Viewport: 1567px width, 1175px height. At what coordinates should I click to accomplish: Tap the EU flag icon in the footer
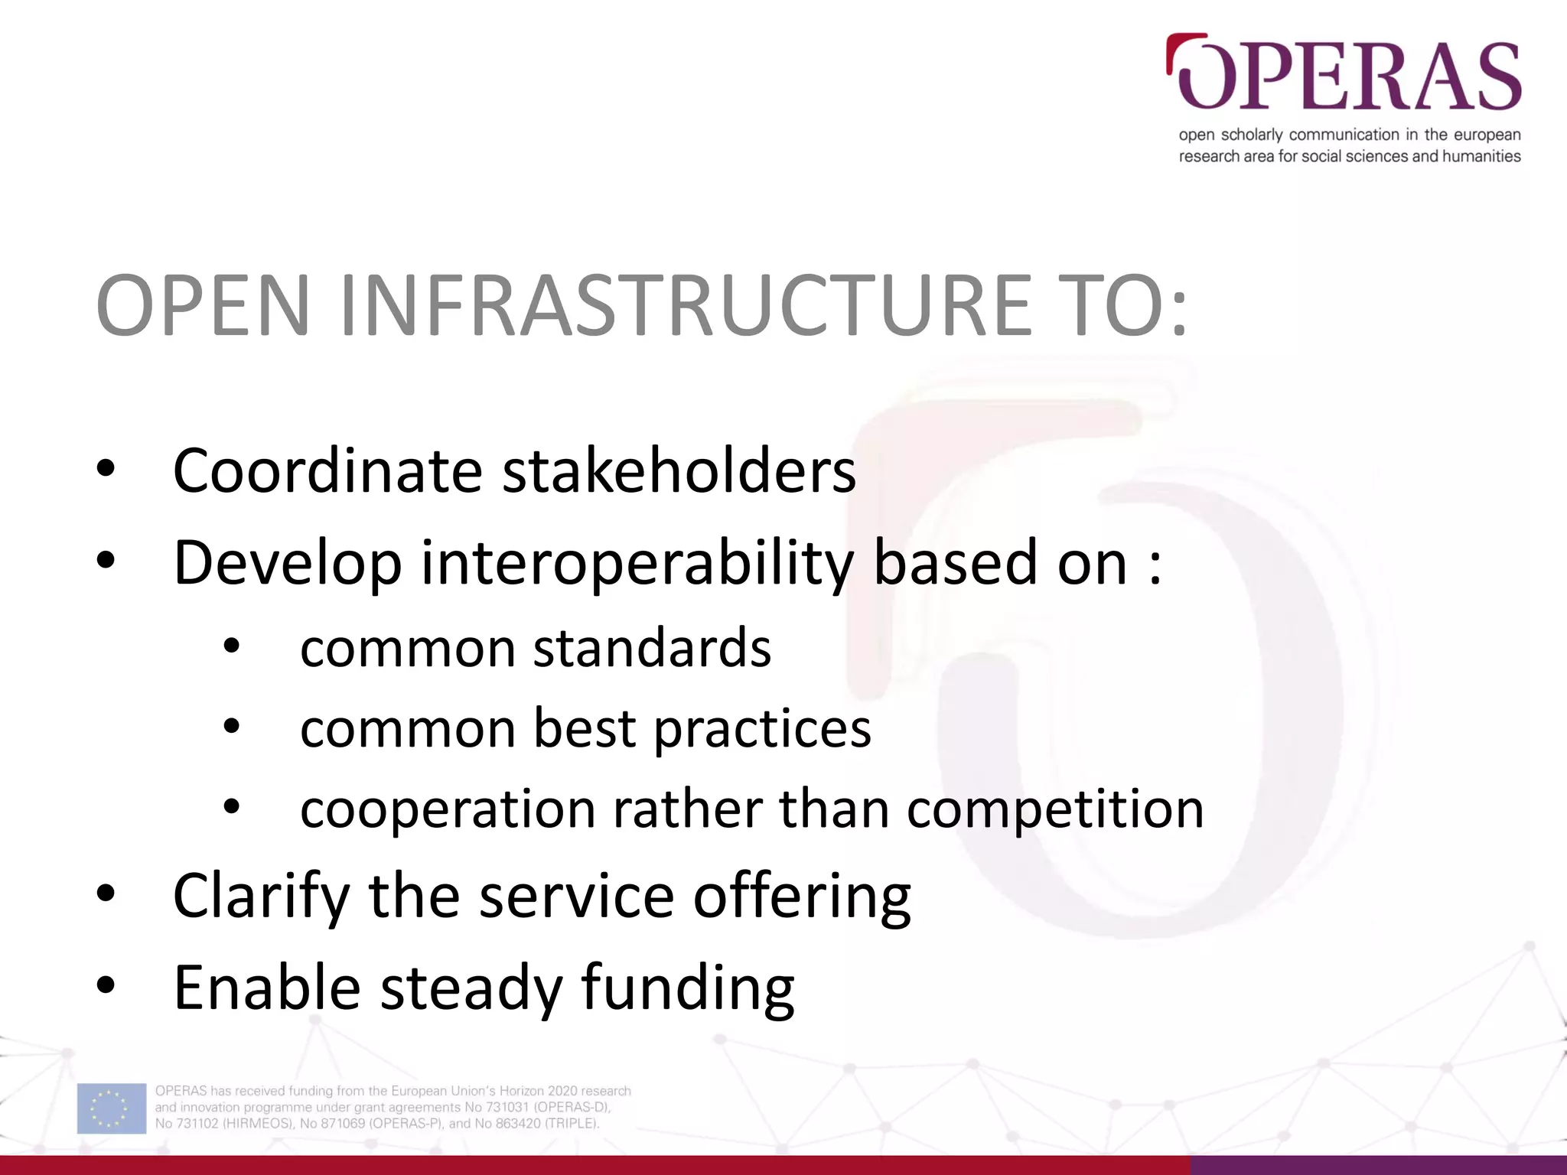tap(112, 1108)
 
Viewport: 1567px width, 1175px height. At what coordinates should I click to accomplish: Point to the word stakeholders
tap(679, 470)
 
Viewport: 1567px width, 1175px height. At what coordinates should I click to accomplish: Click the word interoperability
tap(637, 564)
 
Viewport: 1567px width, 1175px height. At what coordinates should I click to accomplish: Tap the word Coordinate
tap(327, 470)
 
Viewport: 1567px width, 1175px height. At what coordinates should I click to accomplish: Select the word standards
tap(652, 648)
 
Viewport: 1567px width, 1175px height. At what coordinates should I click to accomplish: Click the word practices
tap(762, 728)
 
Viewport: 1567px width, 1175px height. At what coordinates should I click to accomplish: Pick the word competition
tap(1055, 809)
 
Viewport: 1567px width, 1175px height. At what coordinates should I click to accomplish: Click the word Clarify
tap(261, 896)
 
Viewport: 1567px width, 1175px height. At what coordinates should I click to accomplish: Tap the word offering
tap(801, 896)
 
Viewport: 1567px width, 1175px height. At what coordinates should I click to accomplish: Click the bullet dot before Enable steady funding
tap(106, 986)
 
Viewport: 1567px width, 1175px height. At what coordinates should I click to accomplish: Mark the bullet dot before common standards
tap(232, 647)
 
